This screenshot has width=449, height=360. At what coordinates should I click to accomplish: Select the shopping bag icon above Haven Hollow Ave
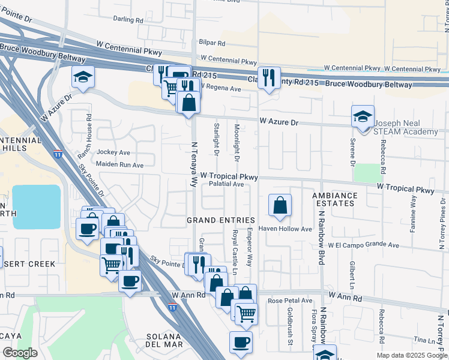280,206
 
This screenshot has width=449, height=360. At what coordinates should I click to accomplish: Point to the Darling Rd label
128,20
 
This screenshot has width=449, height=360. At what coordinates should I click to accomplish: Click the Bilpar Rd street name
212,43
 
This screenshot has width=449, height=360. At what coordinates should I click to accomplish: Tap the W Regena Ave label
220,88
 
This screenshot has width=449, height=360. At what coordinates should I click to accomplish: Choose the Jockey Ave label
113,153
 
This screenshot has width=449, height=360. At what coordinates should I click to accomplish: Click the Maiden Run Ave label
119,165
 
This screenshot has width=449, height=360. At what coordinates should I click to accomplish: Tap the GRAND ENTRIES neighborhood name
221,220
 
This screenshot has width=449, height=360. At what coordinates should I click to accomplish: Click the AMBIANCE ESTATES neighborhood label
334,200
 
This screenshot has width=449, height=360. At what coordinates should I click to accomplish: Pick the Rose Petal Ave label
291,301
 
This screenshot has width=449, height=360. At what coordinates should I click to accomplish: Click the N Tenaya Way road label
194,164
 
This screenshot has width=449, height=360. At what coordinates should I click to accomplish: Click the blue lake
36,206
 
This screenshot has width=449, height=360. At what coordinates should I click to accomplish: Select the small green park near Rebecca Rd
368,173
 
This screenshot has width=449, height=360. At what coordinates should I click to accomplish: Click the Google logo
20,353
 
